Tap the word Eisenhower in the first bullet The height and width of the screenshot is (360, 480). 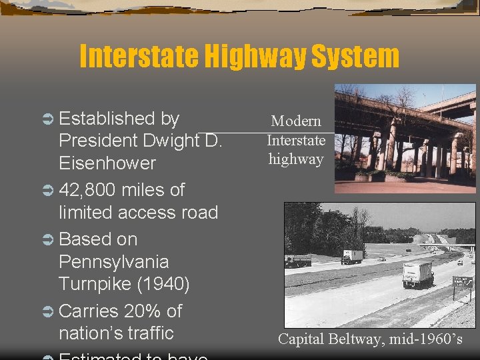point(107,163)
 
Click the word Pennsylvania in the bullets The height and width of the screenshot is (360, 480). point(114,261)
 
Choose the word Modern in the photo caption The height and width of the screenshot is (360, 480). point(296,121)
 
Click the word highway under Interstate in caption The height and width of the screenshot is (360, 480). point(296,159)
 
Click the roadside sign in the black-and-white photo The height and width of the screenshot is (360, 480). point(462,283)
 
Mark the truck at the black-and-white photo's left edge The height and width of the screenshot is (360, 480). point(297,261)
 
